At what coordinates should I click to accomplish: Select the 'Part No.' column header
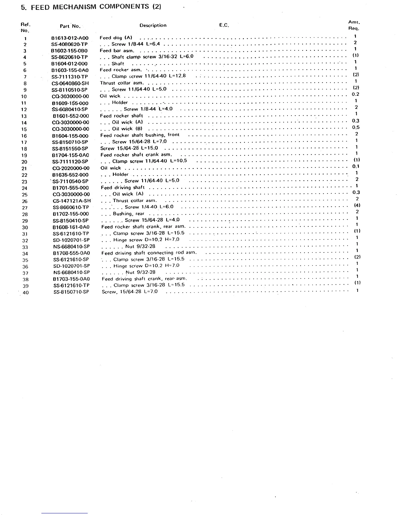[x=70, y=26]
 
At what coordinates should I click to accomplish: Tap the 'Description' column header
[x=153, y=25]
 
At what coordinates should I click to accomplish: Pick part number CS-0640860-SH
[x=70, y=83]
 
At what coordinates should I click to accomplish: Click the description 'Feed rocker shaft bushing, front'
[x=140, y=135]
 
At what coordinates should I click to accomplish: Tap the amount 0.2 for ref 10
[x=355, y=94]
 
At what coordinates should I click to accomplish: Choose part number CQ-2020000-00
[x=70, y=168]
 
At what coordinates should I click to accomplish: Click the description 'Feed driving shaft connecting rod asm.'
[x=149, y=253]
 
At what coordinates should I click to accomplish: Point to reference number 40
[x=25, y=293]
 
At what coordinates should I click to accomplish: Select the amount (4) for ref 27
[x=357, y=206]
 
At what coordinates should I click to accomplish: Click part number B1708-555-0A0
[x=71, y=253]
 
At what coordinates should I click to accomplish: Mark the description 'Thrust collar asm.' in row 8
[x=122, y=83]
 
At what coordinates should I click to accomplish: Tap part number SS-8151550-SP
[x=70, y=149]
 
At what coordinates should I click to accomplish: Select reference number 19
[x=24, y=155]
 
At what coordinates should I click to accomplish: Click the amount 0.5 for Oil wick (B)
[x=356, y=127]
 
